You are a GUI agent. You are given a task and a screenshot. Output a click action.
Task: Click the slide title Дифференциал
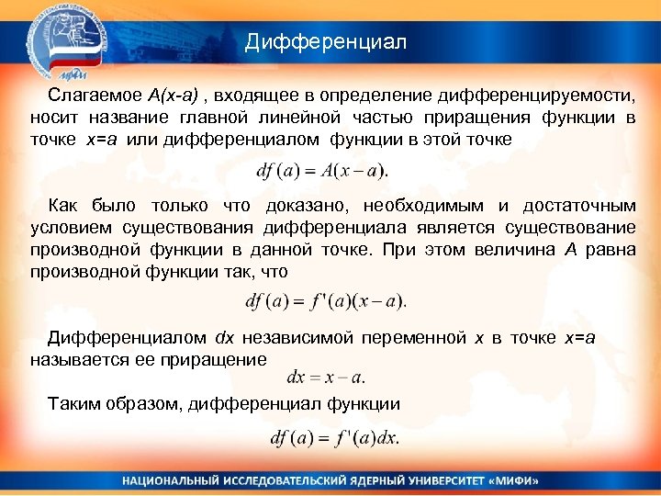325,42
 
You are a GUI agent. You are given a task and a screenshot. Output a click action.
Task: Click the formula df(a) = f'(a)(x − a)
327,300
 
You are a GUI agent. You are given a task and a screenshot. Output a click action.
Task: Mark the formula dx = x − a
326,377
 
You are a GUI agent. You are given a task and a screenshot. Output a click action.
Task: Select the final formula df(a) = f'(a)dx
335,438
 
